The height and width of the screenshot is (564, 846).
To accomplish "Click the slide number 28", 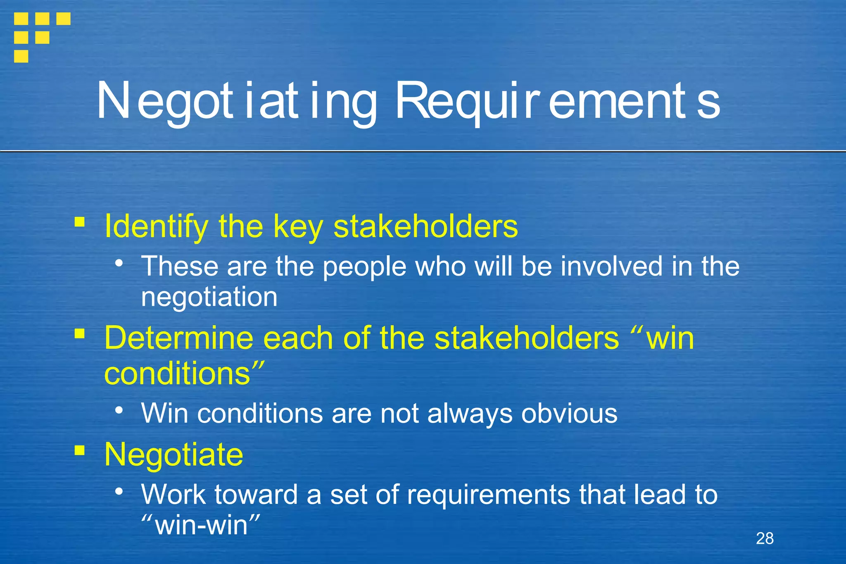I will tap(765, 538).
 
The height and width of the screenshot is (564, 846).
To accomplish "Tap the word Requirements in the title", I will tap(558, 101).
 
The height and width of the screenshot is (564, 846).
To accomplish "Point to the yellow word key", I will tap(298, 226).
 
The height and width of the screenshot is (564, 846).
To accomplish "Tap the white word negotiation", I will tap(209, 297).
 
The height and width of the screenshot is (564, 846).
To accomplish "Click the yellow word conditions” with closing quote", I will tap(184, 373).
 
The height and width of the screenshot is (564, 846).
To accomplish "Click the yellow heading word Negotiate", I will tap(174, 455).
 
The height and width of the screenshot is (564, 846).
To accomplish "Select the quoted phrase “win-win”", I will tap(201, 525).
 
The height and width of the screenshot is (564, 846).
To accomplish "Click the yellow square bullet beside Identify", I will tap(80, 222).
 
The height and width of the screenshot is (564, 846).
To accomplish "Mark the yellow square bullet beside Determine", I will tap(80, 333).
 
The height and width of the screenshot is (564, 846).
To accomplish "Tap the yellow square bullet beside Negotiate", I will tap(80, 450).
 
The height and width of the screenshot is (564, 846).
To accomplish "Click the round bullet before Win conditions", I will tap(119, 410).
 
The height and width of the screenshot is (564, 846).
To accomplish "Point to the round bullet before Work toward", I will tap(119, 491).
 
